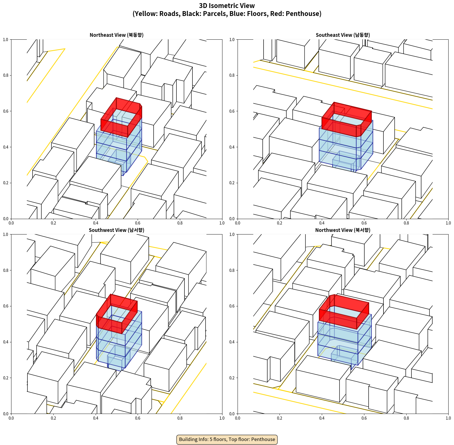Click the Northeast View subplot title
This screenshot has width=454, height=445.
(116, 35)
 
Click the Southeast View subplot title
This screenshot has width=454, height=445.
(343, 35)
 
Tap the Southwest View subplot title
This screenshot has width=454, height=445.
(116, 230)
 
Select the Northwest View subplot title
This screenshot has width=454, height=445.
(343, 230)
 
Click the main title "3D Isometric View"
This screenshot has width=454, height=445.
(227, 6)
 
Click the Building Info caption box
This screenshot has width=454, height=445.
(227, 439)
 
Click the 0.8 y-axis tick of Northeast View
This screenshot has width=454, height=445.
(6, 75)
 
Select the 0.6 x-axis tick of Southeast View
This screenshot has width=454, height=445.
(364, 223)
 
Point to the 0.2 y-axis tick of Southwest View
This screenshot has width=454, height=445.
(6, 378)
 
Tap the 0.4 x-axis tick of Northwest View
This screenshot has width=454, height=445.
(322, 418)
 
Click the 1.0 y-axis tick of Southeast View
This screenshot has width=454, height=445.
(232, 39)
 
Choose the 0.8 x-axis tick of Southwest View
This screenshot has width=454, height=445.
(180, 418)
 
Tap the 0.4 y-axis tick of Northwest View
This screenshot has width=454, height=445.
(232, 342)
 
